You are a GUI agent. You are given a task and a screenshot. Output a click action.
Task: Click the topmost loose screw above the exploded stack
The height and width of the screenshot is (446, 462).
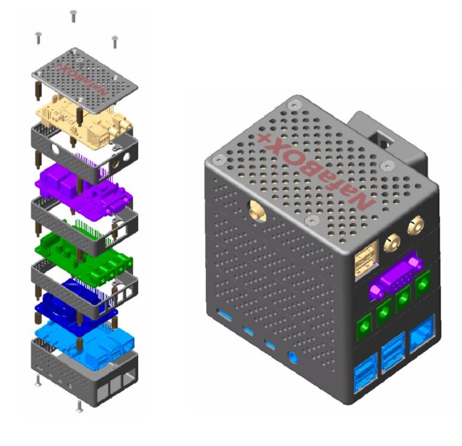[73, 16]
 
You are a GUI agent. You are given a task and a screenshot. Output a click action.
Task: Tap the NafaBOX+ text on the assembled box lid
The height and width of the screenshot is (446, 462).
[316, 172]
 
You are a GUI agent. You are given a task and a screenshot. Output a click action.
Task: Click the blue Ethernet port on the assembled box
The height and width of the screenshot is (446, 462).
[422, 333]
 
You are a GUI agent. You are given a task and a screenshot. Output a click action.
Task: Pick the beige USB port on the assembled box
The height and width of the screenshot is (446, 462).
[366, 260]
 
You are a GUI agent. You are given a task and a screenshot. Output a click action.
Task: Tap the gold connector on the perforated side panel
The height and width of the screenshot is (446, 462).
[257, 211]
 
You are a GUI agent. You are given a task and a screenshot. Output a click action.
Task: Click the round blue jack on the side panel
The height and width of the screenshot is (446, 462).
[292, 357]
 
